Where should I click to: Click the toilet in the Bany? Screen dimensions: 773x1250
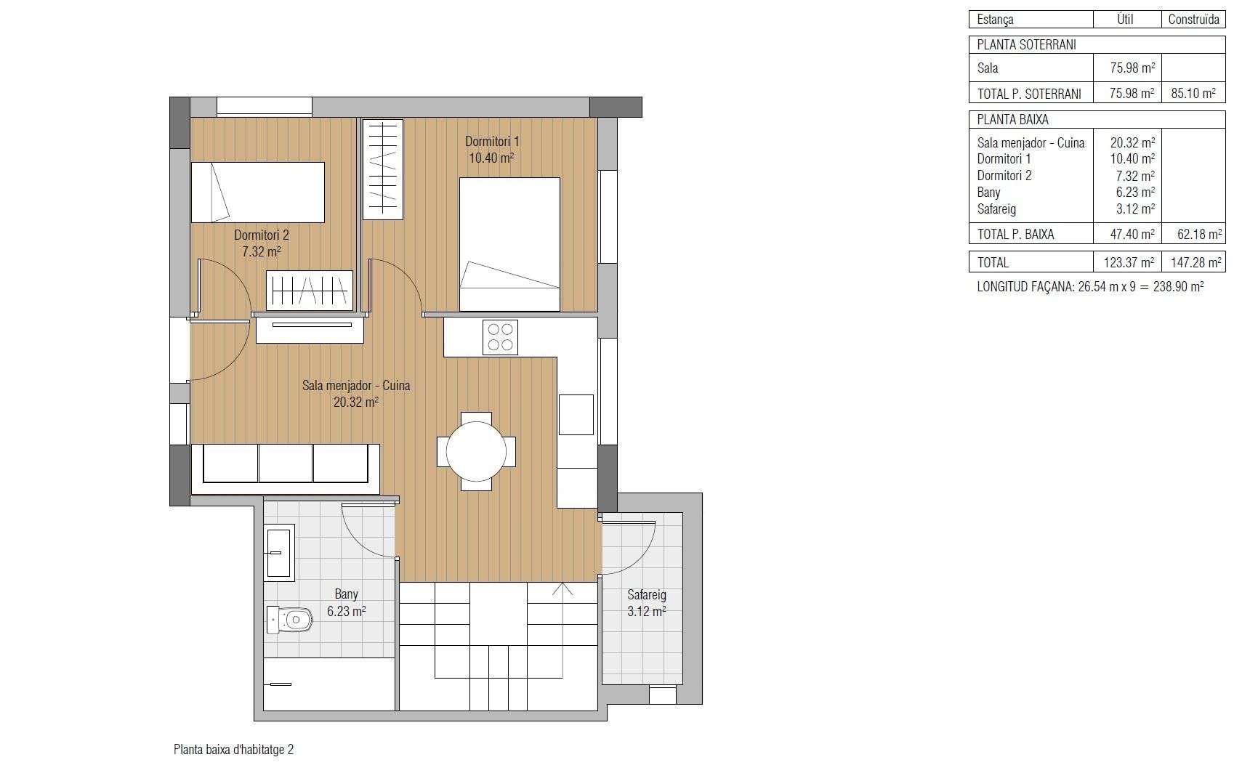(290, 620)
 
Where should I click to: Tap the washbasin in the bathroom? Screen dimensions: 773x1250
(278, 552)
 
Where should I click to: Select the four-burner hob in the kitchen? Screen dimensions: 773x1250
(500, 337)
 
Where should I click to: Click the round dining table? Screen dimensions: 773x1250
(476, 451)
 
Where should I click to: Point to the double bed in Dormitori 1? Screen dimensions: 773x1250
(509, 244)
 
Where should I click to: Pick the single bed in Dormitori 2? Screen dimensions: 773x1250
(257, 192)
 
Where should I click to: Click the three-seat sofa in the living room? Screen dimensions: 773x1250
(285, 464)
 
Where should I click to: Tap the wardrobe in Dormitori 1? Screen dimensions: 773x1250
(382, 169)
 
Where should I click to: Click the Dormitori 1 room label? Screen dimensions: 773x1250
(492, 141)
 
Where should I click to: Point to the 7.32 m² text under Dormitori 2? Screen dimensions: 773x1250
(261, 251)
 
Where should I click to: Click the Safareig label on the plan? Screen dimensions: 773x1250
(646, 595)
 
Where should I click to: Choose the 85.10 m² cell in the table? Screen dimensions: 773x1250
(1193, 93)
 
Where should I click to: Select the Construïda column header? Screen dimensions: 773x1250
(1193, 20)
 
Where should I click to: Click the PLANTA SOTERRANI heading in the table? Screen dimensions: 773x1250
(1026, 44)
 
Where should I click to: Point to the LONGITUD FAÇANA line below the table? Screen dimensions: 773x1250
(1090, 286)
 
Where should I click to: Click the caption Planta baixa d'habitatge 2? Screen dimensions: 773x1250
(233, 749)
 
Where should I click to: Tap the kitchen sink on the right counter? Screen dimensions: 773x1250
(576, 414)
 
